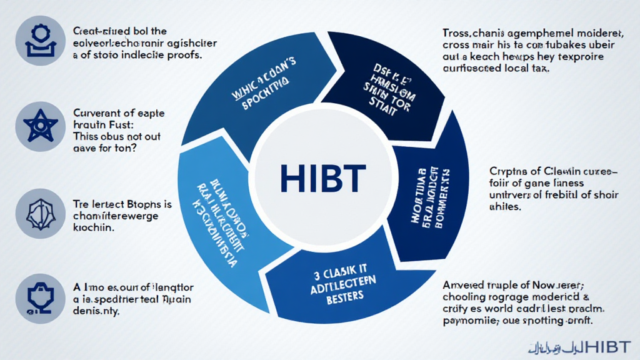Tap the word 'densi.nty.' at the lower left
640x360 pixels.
(x=99, y=313)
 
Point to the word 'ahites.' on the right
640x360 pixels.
(x=504, y=207)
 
